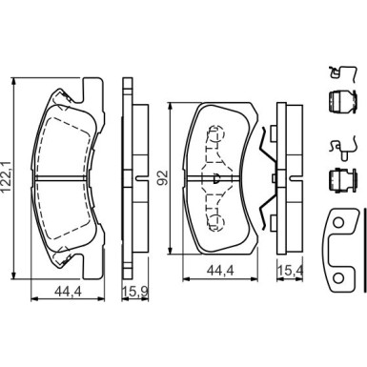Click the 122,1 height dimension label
click(7, 177)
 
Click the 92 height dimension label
click(164, 178)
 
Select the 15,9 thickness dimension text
click(135, 292)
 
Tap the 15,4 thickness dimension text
click(291, 271)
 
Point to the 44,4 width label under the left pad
click(68, 292)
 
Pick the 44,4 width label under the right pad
click(220, 271)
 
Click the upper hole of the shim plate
click(338, 222)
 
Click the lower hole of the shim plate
click(338, 278)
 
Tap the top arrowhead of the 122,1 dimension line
click(13, 81)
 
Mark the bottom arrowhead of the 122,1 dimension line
click(13, 275)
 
